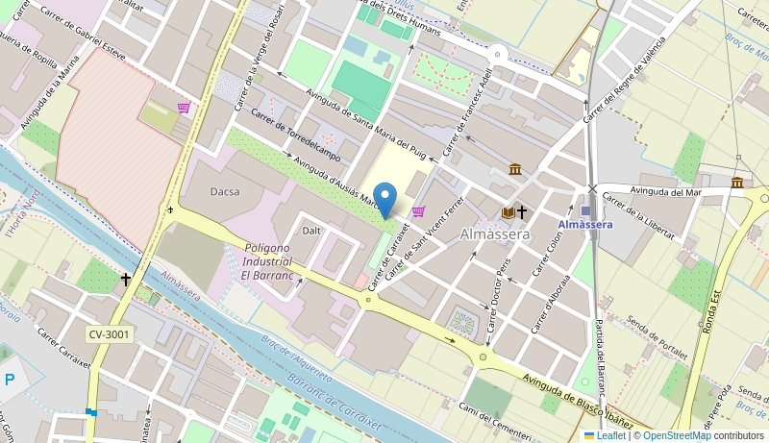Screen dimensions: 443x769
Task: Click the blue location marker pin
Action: tap(384, 200)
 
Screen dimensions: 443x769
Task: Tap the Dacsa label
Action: tap(225, 192)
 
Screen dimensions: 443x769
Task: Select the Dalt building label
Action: tap(311, 231)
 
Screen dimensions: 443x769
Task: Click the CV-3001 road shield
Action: tap(109, 334)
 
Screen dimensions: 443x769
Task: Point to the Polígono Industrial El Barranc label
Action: tap(273, 261)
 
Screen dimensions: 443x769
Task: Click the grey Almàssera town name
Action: tap(495, 234)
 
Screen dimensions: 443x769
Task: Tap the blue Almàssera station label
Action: tap(584, 225)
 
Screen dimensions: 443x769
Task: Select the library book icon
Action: tap(509, 212)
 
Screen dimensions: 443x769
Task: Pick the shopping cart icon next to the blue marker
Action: tap(418, 211)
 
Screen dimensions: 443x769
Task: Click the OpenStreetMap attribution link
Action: tap(677, 435)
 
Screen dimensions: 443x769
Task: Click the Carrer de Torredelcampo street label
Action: tap(296, 135)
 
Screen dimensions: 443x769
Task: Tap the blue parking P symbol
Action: tap(10, 381)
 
